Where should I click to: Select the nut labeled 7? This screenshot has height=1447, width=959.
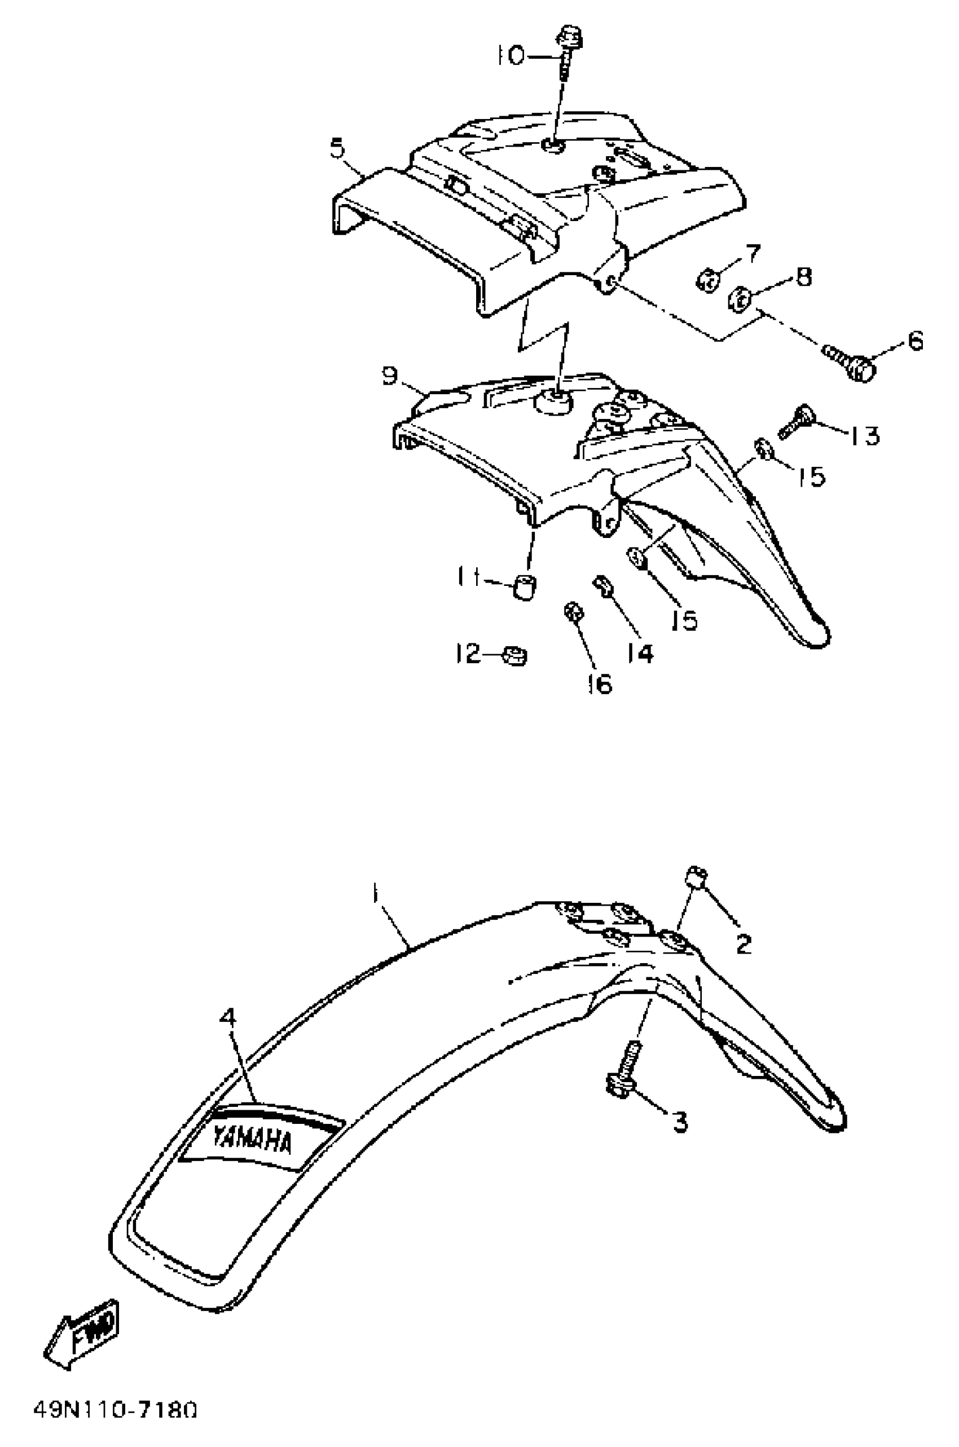click(x=707, y=281)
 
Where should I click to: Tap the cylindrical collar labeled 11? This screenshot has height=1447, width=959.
click(x=525, y=586)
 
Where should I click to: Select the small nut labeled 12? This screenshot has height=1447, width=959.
click(x=514, y=656)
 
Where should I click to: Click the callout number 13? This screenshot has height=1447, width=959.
click(x=863, y=436)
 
